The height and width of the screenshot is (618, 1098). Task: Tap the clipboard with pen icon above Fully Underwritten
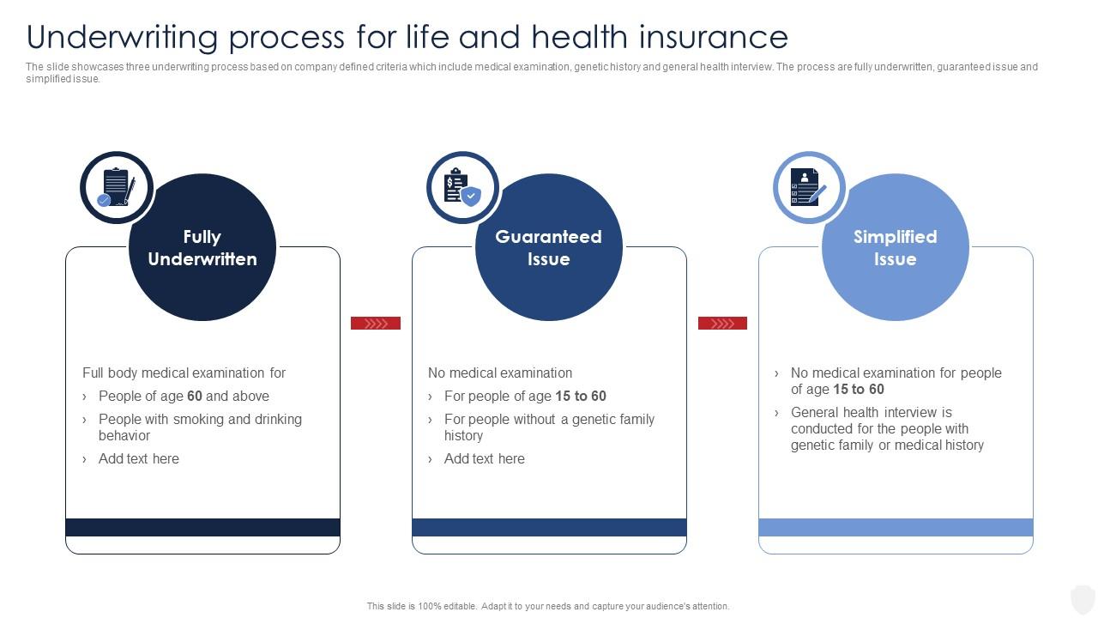tap(116, 187)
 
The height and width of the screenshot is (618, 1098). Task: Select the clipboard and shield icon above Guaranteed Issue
tap(462, 187)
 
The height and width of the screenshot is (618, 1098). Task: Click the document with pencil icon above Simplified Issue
tap(809, 187)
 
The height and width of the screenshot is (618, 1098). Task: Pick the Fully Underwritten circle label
tap(202, 248)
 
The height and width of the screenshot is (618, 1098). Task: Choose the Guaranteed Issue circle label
tap(549, 248)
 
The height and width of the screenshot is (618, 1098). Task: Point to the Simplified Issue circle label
tap(895, 248)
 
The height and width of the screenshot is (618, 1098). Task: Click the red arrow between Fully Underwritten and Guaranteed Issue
tap(376, 324)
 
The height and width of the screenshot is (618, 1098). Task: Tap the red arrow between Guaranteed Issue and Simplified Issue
tap(722, 324)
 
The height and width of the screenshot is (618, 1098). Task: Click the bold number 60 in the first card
tap(195, 397)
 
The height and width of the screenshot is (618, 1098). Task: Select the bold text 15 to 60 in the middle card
tap(581, 397)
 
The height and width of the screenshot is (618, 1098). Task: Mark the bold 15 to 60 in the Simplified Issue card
tap(859, 390)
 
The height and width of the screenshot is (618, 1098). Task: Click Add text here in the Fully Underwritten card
tap(139, 459)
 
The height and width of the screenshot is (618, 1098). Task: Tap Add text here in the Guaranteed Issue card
tap(485, 459)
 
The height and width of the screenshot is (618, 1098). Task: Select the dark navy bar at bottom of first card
tap(202, 527)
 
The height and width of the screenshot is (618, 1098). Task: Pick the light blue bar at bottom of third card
tap(896, 527)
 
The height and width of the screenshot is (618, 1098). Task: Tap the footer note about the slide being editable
tap(548, 606)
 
